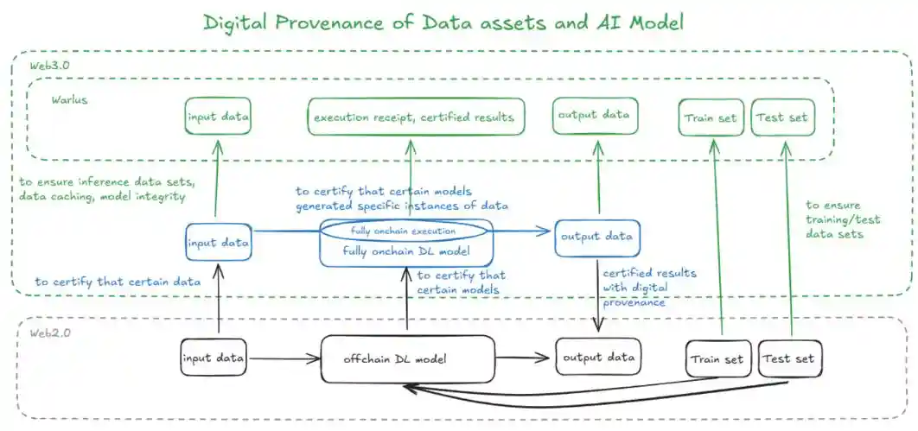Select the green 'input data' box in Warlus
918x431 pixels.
click(x=218, y=117)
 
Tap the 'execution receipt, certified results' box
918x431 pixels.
click(x=413, y=117)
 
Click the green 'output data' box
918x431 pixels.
click(x=595, y=116)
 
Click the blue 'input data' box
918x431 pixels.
click(x=218, y=243)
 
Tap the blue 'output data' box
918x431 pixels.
click(x=597, y=237)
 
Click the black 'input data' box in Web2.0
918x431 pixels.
click(x=213, y=356)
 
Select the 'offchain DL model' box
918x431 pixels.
click(x=407, y=358)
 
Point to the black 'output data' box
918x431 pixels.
click(x=598, y=356)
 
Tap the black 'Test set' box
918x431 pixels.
click(x=789, y=357)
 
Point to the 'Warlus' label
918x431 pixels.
click(x=68, y=99)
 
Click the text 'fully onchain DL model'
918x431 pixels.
click(x=406, y=251)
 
